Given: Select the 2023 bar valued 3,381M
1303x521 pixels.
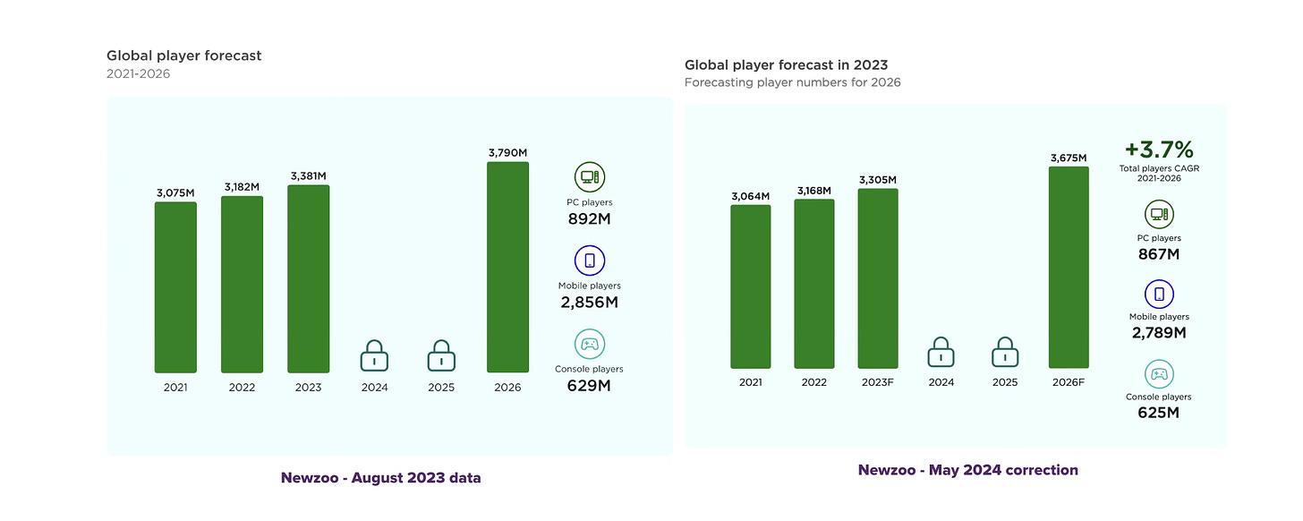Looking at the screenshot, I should [308, 278].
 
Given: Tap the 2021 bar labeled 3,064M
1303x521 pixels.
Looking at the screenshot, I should [750, 286].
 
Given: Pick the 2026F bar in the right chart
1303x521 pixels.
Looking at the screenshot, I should [1069, 268].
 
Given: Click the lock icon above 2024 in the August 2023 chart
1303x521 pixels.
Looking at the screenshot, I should [374, 355].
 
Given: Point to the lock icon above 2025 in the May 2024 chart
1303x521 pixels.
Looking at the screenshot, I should [1006, 352].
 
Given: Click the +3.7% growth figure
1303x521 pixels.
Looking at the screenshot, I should [1158, 149].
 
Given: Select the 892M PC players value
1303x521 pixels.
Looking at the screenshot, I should [590, 220].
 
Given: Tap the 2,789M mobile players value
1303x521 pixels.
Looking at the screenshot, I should [1158, 333].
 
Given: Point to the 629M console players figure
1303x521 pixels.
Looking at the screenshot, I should [590, 386].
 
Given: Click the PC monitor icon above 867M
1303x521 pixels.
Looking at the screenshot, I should [1159, 214].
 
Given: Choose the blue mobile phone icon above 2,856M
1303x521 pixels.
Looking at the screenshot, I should [590, 260].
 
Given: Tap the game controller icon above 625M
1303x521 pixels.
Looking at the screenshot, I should [1159, 374].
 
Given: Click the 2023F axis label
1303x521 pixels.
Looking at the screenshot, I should [877, 382].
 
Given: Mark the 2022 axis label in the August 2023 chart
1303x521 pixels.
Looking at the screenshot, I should [242, 388].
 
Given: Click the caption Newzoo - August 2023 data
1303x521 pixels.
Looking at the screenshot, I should [380, 478].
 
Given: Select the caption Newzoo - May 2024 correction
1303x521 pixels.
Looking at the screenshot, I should [967, 470].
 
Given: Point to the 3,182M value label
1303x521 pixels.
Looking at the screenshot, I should [242, 186].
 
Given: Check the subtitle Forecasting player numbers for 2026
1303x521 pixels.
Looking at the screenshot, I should [792, 83].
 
